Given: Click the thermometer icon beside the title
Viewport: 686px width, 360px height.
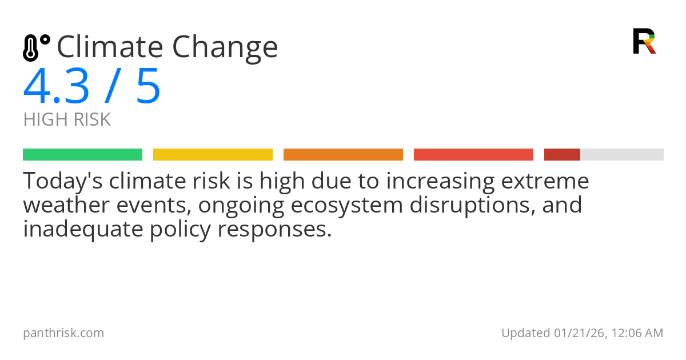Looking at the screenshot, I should pos(36,48).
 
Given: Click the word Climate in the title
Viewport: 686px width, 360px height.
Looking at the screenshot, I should pos(109,47).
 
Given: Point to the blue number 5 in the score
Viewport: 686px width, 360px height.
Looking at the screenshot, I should pos(148,87).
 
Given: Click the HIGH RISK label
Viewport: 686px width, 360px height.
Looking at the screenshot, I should pos(67,120).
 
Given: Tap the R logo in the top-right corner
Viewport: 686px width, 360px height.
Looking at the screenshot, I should pos(644,41).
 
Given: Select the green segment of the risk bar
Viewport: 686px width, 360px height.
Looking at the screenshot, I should pos(82,155).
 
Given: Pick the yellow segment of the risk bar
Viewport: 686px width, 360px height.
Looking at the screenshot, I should pos(213,155).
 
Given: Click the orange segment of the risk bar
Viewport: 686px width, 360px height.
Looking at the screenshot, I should pos(343,155).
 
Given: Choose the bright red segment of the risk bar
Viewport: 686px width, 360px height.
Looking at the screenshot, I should pos(473,155).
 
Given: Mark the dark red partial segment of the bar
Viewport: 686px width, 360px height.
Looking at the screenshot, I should pos(562,155).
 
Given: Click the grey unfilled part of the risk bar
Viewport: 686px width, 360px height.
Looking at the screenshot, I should pos(622,155).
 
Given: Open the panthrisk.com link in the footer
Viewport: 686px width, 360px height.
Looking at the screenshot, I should pos(63,333).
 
